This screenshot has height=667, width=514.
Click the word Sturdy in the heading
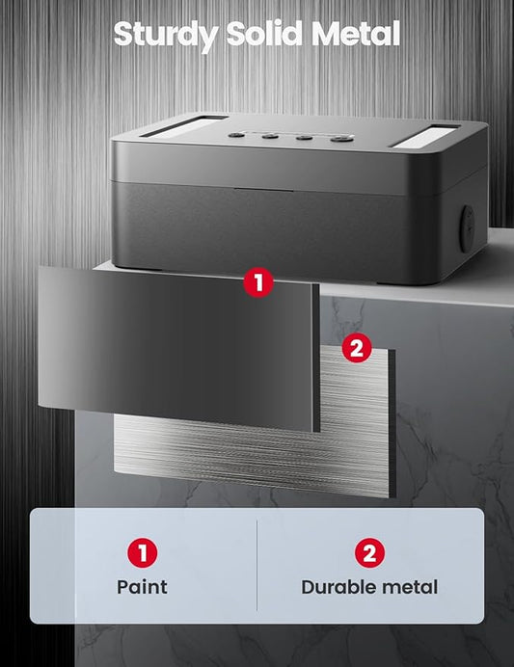(164, 35)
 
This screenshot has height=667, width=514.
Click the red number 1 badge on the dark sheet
(257, 282)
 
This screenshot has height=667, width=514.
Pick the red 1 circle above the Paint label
(142, 553)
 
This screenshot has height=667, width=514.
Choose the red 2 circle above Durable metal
(369, 553)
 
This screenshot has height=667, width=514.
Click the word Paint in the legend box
(142, 586)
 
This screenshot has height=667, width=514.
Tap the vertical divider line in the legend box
(257, 565)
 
